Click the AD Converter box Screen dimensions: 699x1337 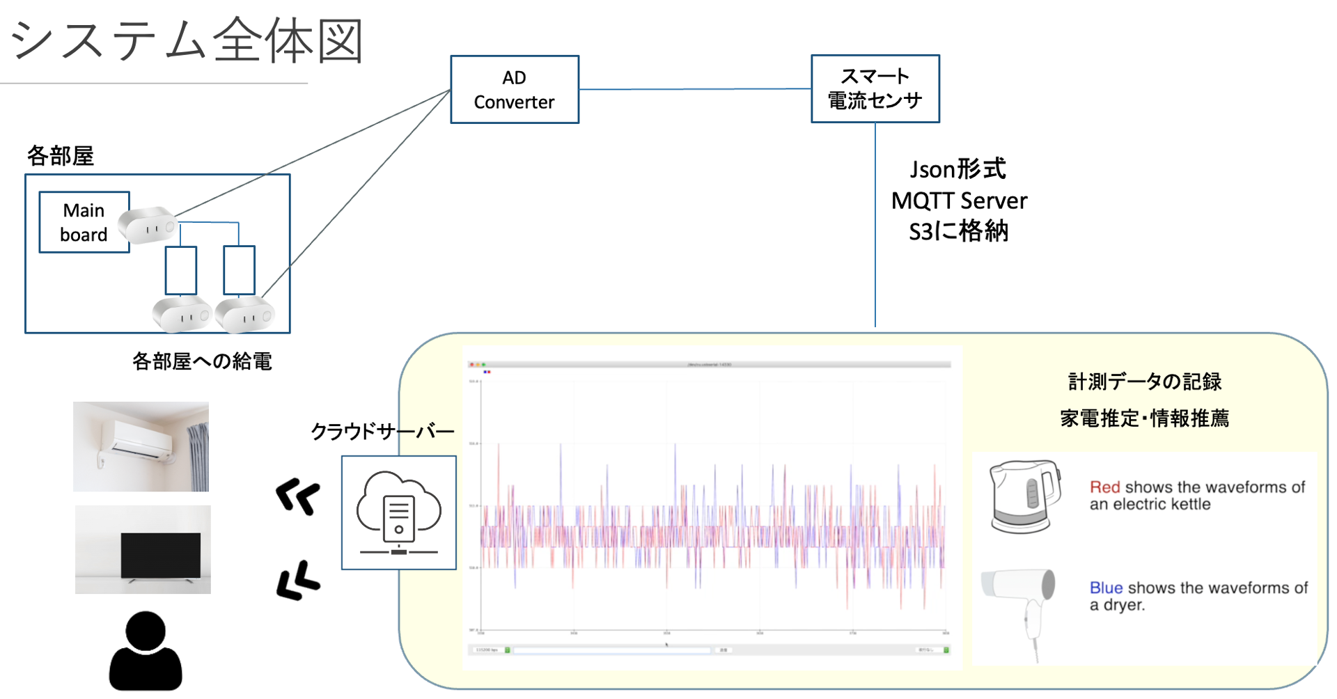coord(515,90)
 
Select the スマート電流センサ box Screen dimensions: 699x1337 coord(875,89)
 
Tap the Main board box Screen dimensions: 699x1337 coord(84,222)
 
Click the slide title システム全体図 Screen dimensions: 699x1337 coord(187,41)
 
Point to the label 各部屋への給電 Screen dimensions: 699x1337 coord(202,361)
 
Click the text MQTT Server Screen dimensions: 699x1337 coord(959,201)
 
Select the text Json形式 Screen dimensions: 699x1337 coord(957,169)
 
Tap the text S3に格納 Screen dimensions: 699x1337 coord(958,231)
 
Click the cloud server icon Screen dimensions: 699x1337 coord(399,513)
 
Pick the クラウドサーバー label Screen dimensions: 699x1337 coord(382,432)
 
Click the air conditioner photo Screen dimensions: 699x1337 coord(141,446)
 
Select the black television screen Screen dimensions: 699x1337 coord(161,555)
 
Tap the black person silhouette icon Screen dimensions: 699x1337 coord(146,652)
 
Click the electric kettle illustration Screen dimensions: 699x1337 coord(1024,496)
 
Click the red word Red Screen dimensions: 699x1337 coord(1104,487)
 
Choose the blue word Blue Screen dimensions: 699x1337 coord(1106,588)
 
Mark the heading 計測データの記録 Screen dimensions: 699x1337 coord(1145,382)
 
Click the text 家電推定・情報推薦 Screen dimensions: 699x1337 coord(1144,418)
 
